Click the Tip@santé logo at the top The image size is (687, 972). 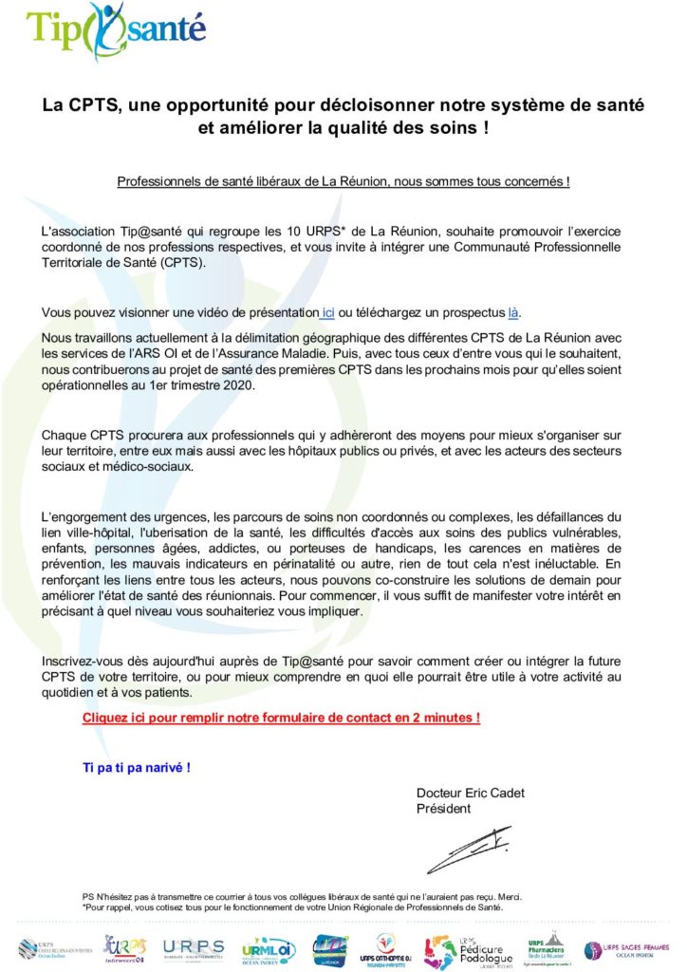[x=117, y=31]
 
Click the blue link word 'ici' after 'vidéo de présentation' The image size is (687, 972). [x=328, y=312]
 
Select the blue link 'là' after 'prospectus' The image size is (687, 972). [x=513, y=312]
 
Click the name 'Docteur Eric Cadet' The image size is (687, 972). [x=470, y=794]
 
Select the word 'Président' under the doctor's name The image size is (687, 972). [x=443, y=809]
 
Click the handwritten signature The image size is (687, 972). [x=469, y=849]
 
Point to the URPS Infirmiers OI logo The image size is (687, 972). [x=125, y=948]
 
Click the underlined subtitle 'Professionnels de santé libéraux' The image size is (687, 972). [x=343, y=180]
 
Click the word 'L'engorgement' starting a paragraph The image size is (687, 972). [x=83, y=517]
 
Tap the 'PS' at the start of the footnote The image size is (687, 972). [x=89, y=896]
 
